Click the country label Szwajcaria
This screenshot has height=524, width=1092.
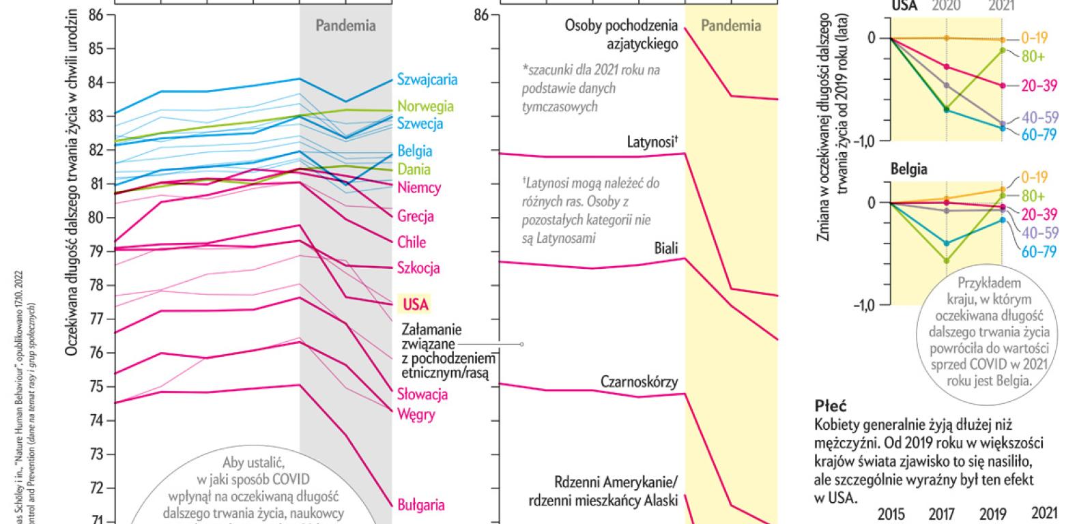click(427, 80)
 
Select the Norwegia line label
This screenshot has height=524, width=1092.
click(425, 106)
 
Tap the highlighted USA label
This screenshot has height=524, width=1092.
click(416, 304)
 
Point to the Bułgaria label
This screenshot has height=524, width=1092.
click(421, 505)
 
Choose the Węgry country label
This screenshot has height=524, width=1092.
click(416, 414)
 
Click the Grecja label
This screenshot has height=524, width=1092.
click(416, 217)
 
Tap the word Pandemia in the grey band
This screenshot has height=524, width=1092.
click(345, 26)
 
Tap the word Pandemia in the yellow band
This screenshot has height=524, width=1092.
click(731, 26)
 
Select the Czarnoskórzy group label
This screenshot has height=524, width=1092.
click(640, 381)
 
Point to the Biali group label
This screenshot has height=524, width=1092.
click(665, 248)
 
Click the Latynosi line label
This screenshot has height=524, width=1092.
click(652, 143)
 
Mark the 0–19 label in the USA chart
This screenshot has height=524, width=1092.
click(1035, 38)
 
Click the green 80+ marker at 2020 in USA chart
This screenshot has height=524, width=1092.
click(947, 109)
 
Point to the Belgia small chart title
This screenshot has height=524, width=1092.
click(908, 169)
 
